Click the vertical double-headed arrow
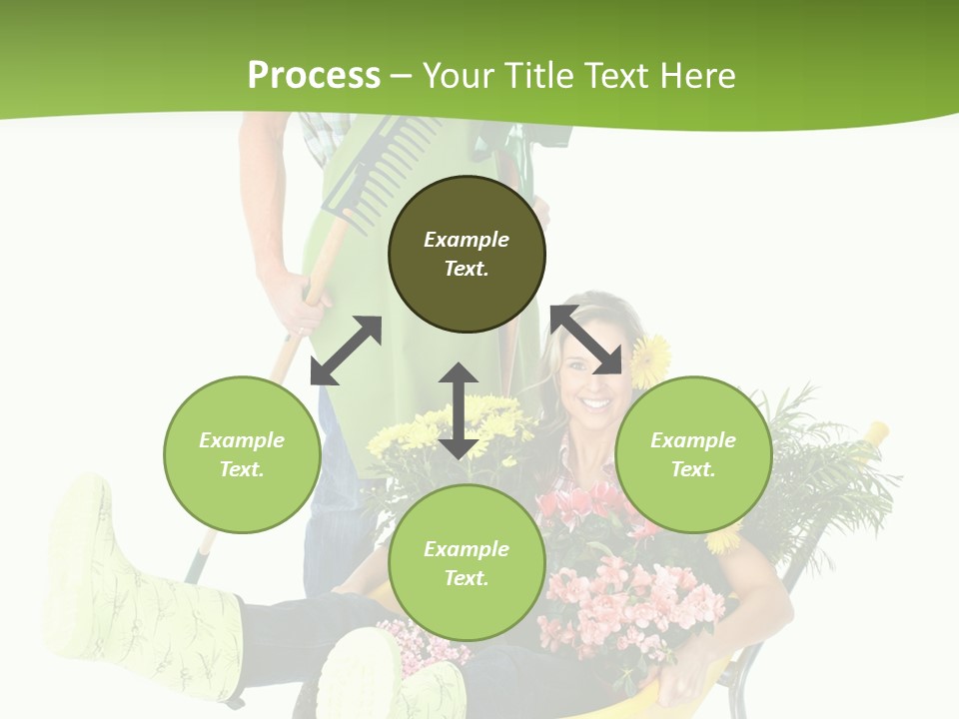tap(459, 410)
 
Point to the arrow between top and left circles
tap(347, 351)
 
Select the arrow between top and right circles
tap(586, 340)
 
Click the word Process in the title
tap(314, 75)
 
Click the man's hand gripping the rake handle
tap(300, 300)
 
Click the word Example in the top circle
tap(467, 240)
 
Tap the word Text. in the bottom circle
tap(467, 578)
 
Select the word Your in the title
tap(451, 75)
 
